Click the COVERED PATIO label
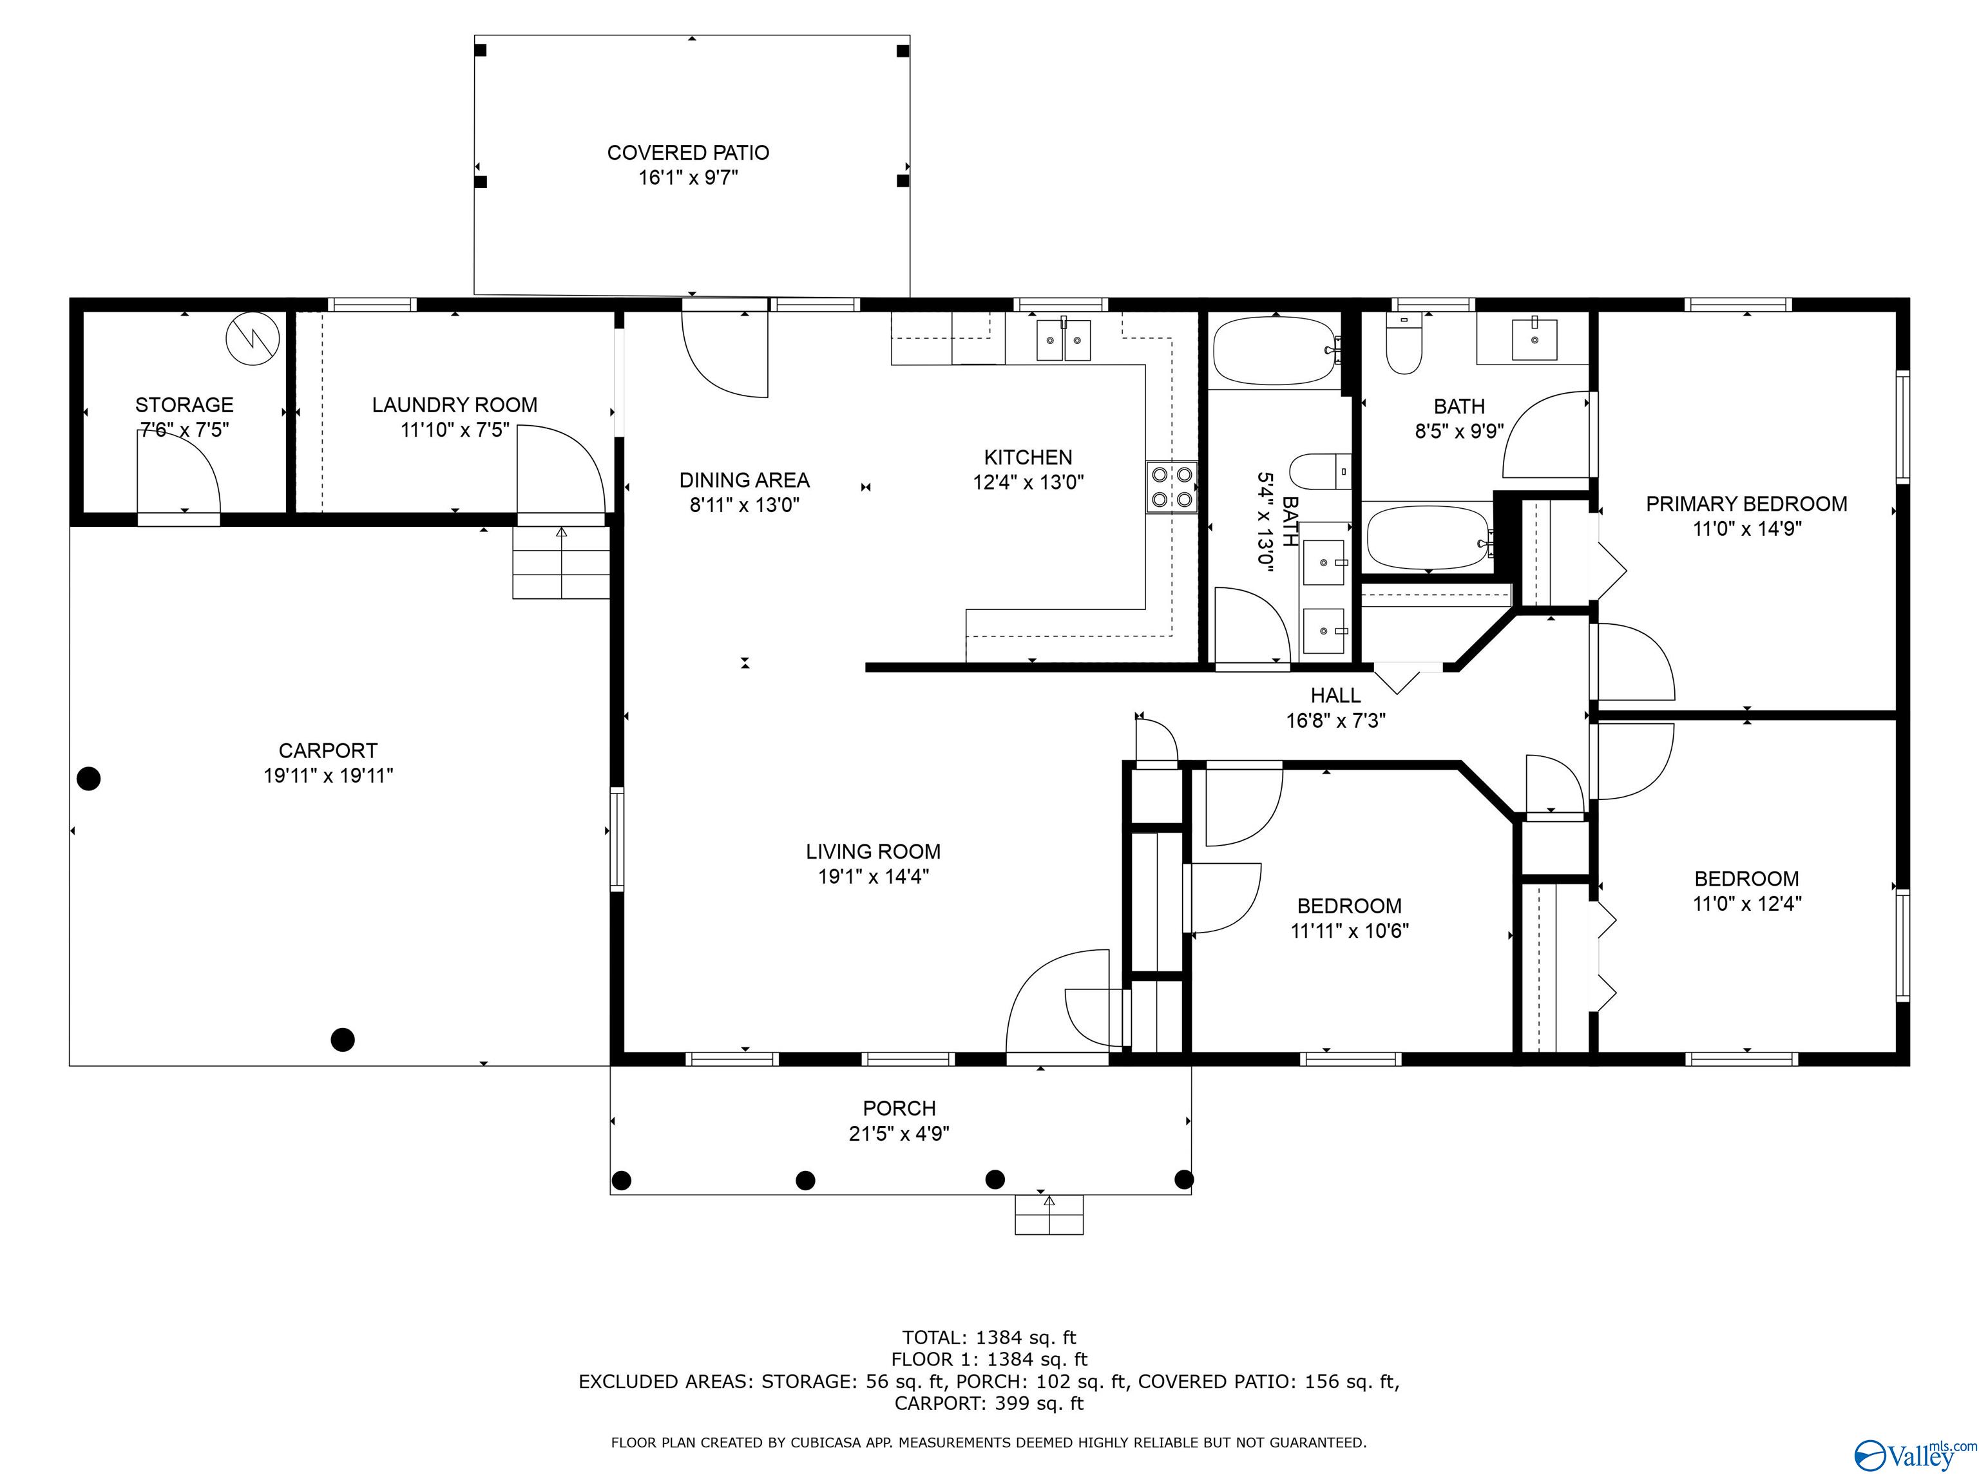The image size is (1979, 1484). click(x=688, y=153)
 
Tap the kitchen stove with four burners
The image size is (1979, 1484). click(x=1171, y=487)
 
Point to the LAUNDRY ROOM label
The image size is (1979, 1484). click(x=455, y=405)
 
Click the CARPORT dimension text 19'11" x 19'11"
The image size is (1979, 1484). click(x=329, y=775)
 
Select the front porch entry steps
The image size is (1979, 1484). click(x=1049, y=1215)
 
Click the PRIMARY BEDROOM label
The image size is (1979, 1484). click(x=1746, y=504)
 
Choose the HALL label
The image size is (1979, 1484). click(x=1335, y=695)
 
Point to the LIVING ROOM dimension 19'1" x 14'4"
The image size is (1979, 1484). click(x=873, y=877)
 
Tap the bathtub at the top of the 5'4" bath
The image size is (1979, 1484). click(x=1276, y=352)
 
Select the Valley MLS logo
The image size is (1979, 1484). click(x=1915, y=1454)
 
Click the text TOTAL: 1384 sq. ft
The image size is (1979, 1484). click(x=989, y=1337)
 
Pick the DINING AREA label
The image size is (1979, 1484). click(x=744, y=480)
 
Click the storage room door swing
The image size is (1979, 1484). click(x=178, y=471)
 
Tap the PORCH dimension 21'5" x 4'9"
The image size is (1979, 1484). click(x=899, y=1134)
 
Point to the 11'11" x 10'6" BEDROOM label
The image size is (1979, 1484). click(x=1349, y=906)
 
